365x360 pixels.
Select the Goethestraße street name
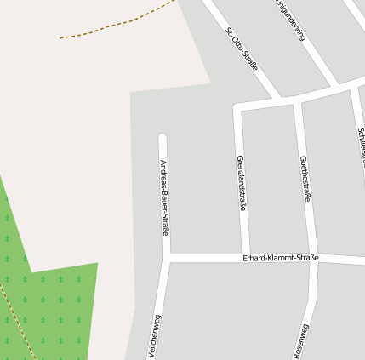[x=305, y=179]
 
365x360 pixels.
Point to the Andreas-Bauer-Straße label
[x=164, y=197]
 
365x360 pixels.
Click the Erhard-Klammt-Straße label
[x=280, y=257]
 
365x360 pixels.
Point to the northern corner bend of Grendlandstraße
[x=238, y=107]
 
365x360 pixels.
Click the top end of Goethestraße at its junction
[x=298, y=103]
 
